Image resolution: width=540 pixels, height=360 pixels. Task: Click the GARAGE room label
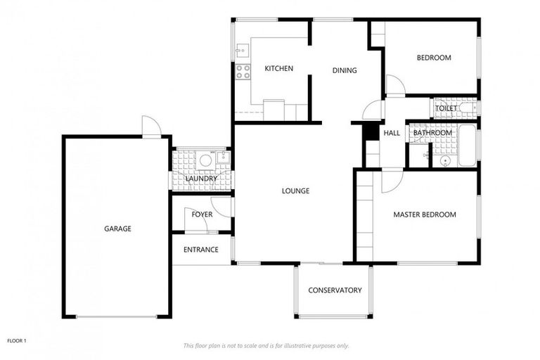tap(117, 229)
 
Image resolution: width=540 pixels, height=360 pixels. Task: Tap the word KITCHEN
tap(278, 68)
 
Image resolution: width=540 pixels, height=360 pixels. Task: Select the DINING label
tap(345, 70)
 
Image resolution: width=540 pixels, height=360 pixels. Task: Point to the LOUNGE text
tap(295, 191)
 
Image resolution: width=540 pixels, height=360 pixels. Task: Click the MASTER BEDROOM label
tap(424, 214)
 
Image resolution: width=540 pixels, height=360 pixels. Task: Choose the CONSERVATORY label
tap(335, 290)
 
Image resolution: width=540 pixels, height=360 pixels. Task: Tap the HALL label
tap(392, 133)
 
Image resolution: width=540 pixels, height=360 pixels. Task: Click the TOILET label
tap(446, 108)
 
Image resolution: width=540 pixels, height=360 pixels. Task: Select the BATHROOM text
tap(432, 133)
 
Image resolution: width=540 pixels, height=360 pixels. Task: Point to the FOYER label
tap(202, 214)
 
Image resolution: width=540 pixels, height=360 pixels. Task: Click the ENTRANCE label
tap(200, 250)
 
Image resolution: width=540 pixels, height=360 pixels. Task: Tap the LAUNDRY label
tap(201, 179)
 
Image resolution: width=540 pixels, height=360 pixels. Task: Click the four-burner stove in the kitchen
tap(243, 71)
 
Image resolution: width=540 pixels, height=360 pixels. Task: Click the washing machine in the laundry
tap(205, 161)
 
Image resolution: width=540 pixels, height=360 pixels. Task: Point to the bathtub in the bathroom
tap(467, 145)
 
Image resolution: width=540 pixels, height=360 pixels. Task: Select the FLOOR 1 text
tap(17, 340)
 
